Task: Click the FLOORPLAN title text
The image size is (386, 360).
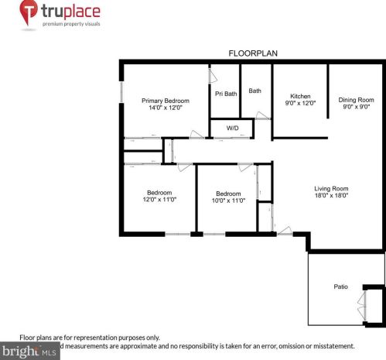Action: coord(253,53)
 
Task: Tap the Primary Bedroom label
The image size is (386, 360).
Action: coord(165,101)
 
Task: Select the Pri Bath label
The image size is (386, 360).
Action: coord(225,94)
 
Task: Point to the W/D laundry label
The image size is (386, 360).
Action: coord(232,128)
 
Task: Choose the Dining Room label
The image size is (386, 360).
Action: coord(356,100)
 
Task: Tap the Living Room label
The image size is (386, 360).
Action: coord(331,189)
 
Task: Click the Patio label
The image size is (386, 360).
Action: coord(340,286)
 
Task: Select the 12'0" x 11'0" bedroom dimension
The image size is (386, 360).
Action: coord(159,200)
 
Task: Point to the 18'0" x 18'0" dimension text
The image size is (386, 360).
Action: coord(331,196)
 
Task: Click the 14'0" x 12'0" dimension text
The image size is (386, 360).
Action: coord(165,108)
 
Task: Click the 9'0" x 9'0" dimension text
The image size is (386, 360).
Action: coord(356,108)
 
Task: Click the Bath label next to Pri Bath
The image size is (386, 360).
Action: coord(254,91)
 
